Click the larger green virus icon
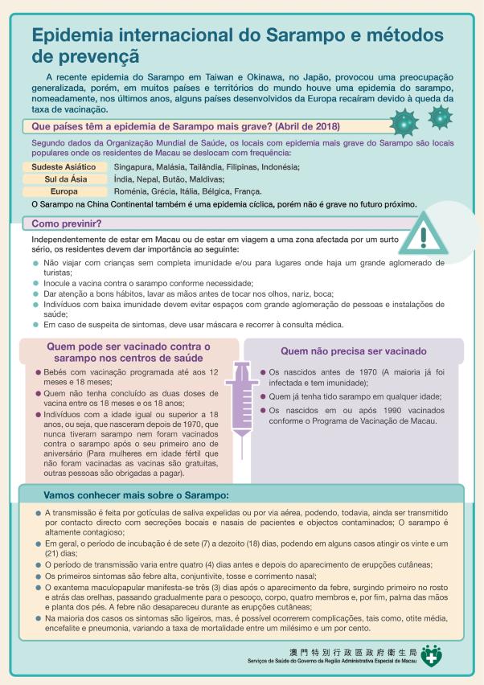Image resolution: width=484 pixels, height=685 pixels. (403, 125)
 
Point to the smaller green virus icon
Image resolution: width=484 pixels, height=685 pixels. (440, 117)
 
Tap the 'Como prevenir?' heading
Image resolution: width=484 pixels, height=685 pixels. (66, 223)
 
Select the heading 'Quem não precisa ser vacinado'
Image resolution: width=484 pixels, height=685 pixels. (353, 351)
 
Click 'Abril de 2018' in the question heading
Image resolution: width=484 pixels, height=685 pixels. (302, 127)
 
